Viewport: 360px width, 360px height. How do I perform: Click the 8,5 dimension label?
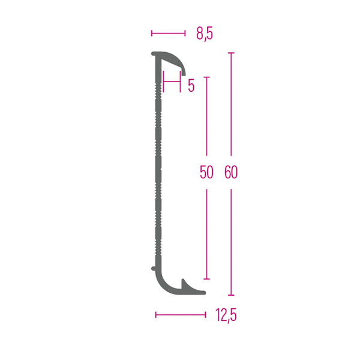click(x=205, y=34)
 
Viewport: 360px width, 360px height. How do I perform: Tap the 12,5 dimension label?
click(x=226, y=315)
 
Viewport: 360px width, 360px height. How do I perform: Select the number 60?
click(x=231, y=172)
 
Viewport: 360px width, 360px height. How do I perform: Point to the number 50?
click(x=206, y=172)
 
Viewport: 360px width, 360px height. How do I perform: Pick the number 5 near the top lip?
click(x=191, y=86)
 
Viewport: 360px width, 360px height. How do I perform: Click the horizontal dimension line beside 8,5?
click(x=168, y=34)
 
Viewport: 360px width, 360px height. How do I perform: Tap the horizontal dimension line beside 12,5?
click(x=181, y=315)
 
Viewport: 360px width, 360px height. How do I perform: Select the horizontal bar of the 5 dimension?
click(x=172, y=82)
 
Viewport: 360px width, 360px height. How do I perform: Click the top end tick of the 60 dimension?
click(x=231, y=53)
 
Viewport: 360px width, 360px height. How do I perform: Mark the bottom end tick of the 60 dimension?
click(x=231, y=295)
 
